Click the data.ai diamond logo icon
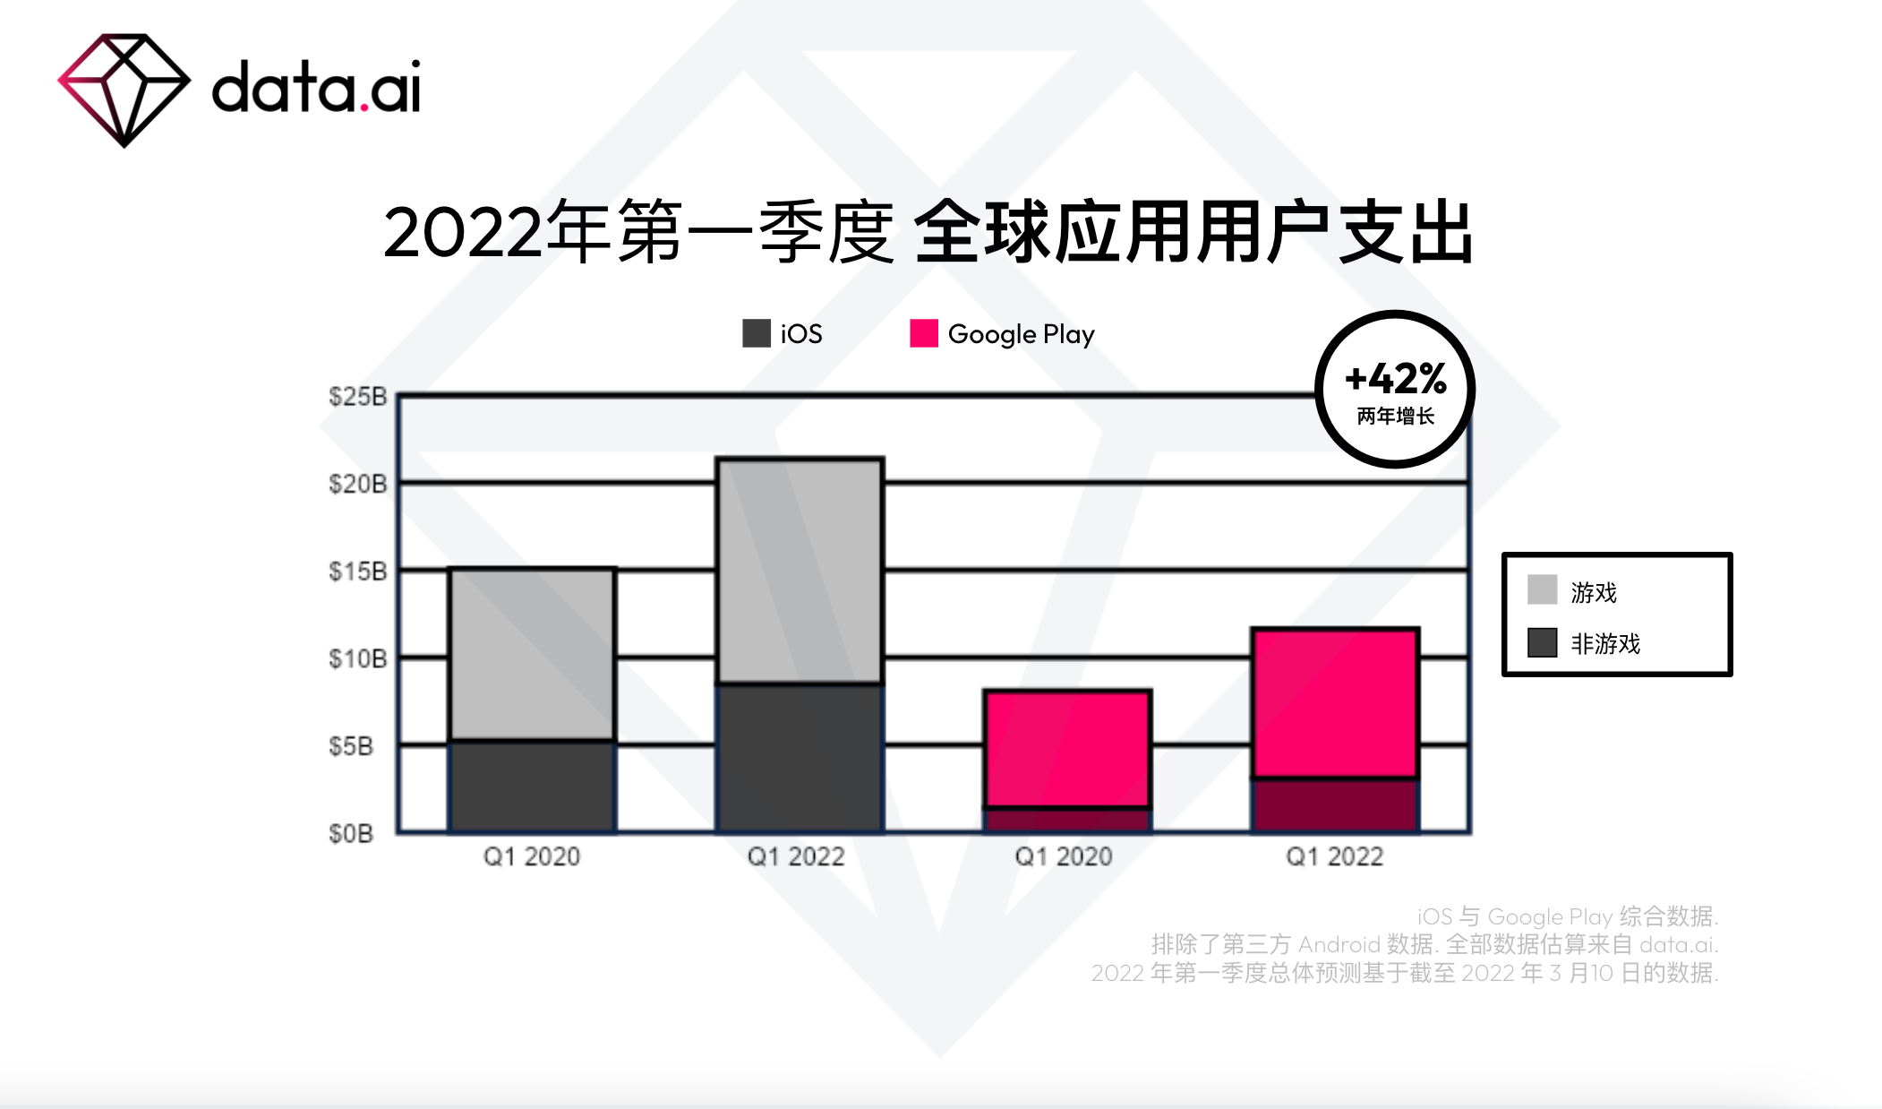click(124, 90)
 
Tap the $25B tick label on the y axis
click(357, 396)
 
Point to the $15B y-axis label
click(357, 571)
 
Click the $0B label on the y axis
click(351, 833)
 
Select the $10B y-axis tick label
click(357, 658)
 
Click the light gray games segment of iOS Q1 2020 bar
click(532, 654)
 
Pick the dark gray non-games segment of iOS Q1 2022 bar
click(800, 758)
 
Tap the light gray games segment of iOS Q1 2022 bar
click(800, 571)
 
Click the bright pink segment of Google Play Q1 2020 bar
click(1066, 749)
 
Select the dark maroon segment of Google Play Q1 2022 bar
click(1335, 804)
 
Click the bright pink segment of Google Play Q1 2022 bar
click(1335, 703)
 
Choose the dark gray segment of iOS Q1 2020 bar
click(532, 787)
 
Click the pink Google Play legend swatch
click(923, 333)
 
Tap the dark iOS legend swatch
click(757, 333)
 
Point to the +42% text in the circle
click(1396, 379)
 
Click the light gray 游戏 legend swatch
click(1542, 590)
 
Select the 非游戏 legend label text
click(1605, 643)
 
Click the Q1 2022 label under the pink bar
click(1334, 856)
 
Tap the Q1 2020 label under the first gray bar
click(532, 856)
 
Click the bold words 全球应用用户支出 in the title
click(1193, 233)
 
